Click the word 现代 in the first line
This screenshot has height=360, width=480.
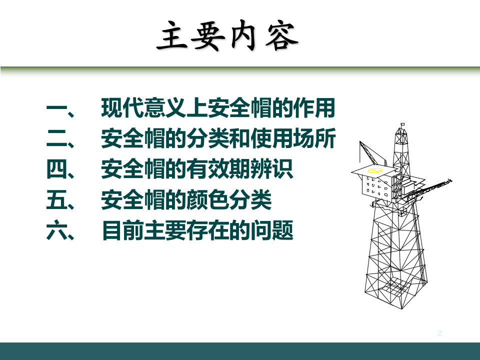122,108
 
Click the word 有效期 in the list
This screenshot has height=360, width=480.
217,170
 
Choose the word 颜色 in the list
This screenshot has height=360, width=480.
207,201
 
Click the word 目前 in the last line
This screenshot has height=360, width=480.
122,231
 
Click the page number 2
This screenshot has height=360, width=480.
440,333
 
